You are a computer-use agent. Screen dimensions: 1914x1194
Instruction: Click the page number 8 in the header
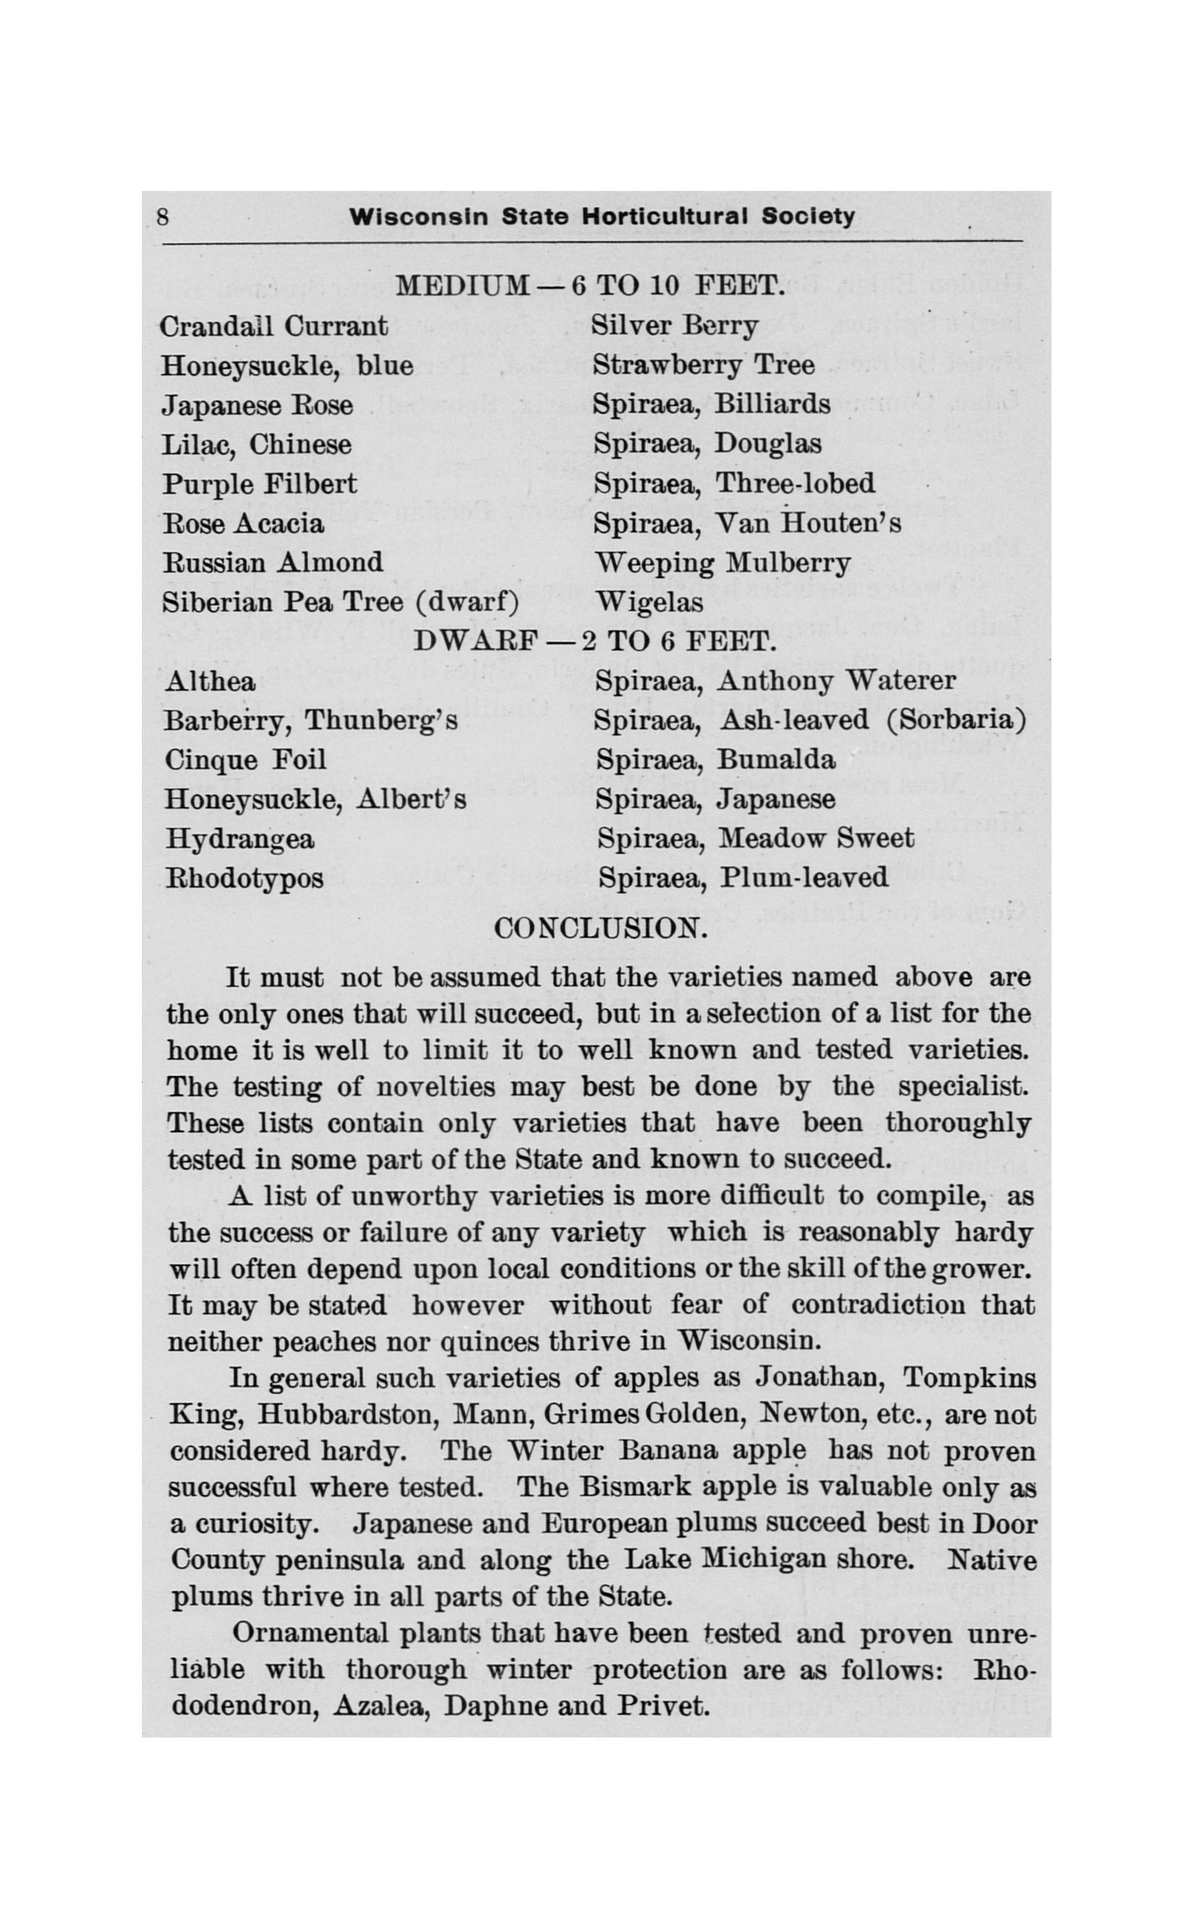coord(163,217)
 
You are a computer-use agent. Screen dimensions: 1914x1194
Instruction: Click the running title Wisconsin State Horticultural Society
coord(602,217)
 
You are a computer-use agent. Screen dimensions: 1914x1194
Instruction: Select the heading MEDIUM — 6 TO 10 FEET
coord(590,285)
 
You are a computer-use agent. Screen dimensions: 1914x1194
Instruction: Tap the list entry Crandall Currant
coord(274,326)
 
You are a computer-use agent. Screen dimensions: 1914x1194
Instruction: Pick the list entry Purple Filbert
coord(260,484)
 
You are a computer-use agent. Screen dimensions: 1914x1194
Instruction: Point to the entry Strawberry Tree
coord(703,365)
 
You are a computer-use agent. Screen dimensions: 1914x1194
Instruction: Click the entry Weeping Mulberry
coord(723,563)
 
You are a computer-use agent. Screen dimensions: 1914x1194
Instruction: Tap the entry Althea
coord(210,681)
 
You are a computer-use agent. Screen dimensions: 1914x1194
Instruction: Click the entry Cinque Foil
coord(245,760)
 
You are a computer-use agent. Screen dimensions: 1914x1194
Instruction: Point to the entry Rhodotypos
coord(244,878)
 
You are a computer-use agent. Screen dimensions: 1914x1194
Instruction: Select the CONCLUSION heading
coord(600,927)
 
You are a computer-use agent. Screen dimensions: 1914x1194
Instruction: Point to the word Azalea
coord(381,1706)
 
